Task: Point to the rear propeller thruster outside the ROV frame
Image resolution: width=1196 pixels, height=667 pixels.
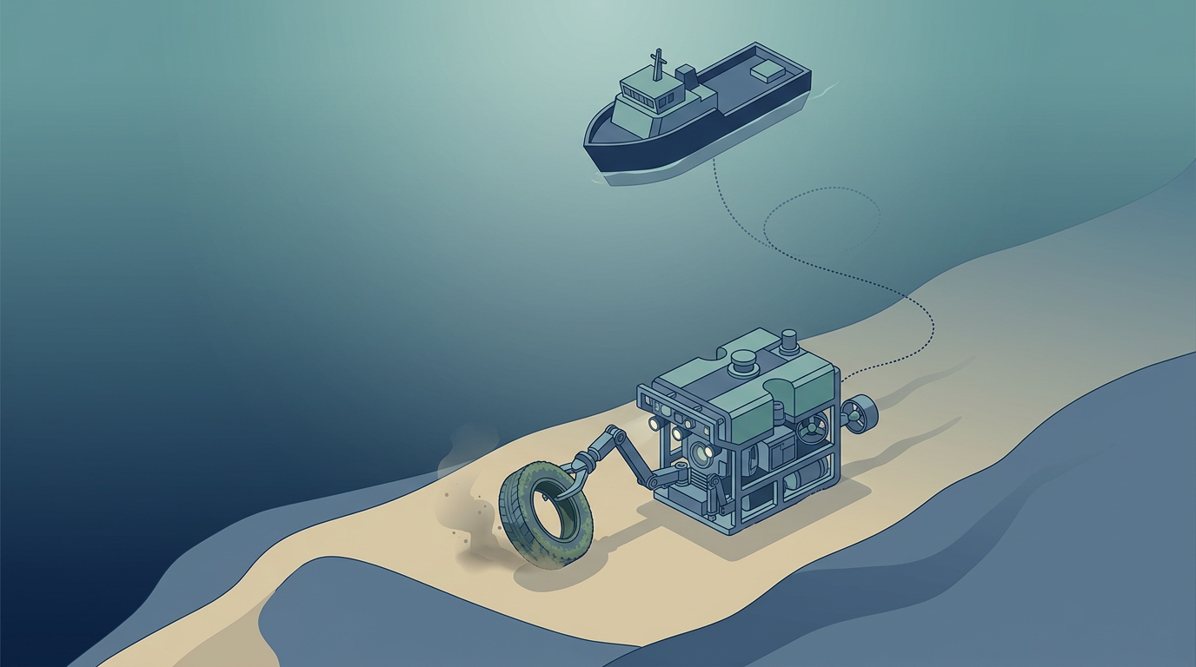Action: click(860, 413)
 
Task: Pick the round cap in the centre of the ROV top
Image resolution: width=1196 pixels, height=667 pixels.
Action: click(741, 360)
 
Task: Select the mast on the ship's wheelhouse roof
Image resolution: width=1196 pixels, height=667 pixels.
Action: click(659, 66)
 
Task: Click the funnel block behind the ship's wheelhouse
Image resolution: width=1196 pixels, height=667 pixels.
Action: click(686, 75)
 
